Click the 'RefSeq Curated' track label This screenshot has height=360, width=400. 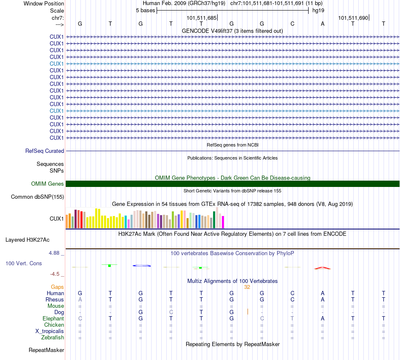click(x=45, y=151)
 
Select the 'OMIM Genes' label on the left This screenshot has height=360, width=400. click(x=48, y=184)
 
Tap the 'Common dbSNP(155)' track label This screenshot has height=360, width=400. click(x=37, y=197)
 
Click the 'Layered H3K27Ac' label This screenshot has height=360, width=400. click(x=27, y=240)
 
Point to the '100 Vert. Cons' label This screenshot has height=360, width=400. click(x=24, y=263)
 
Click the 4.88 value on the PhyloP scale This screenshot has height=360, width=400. click(x=55, y=253)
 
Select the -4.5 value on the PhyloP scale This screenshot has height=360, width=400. click(x=55, y=274)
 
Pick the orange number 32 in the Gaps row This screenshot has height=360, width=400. click(x=247, y=287)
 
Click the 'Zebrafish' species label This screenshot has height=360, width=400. click(x=53, y=337)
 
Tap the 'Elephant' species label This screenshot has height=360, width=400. click(x=53, y=318)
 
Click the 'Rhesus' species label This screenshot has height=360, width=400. click(x=55, y=299)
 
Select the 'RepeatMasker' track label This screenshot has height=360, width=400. click(x=46, y=350)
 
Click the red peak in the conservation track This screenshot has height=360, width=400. click(x=323, y=268)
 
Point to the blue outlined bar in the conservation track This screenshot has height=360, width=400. click(x=141, y=266)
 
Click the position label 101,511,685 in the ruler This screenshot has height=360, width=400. click(x=201, y=18)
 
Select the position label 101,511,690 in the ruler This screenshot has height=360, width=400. click(x=353, y=18)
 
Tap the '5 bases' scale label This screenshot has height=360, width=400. click(x=145, y=10)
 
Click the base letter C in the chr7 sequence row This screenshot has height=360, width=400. click(x=292, y=24)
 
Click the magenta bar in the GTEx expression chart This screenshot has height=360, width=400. click(x=223, y=222)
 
